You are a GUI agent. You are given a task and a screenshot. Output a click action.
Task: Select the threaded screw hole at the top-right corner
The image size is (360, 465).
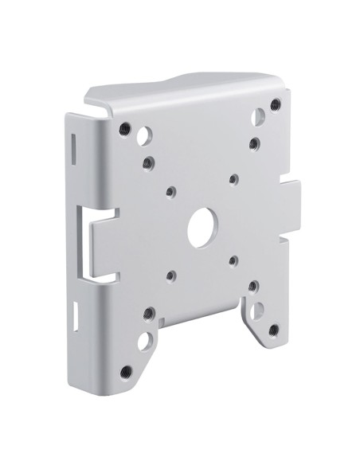(275, 104)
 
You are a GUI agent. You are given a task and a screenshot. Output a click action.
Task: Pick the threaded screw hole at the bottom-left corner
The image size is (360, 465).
(126, 372)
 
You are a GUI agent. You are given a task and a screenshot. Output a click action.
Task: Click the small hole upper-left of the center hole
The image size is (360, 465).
(171, 191)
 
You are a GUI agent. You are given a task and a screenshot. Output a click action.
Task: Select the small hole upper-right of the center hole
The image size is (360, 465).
(232, 178)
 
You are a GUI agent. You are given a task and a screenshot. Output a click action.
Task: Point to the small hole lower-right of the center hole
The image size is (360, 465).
(233, 260)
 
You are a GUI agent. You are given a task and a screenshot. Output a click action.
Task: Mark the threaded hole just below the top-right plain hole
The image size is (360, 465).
(253, 143)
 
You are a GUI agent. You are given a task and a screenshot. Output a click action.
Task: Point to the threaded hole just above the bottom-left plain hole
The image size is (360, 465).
(147, 314)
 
